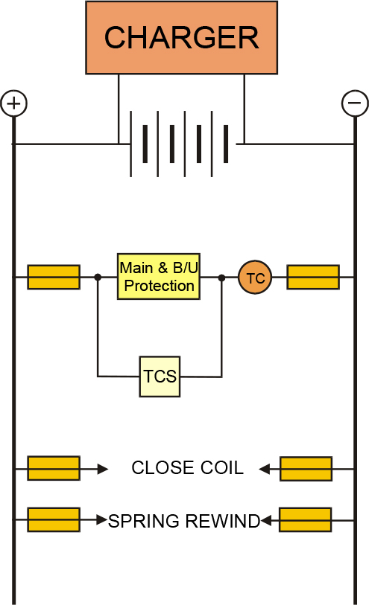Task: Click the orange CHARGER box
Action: tap(182, 37)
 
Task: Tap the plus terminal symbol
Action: tap(14, 103)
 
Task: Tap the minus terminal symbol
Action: tap(355, 103)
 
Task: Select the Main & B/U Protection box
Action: tap(159, 277)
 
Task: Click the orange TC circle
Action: tap(255, 278)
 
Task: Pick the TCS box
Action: tap(160, 377)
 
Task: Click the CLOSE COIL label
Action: tap(187, 467)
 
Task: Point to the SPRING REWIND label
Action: tap(184, 521)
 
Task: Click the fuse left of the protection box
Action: tap(54, 277)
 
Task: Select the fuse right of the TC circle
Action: tap(313, 277)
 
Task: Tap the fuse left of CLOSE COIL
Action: tap(54, 468)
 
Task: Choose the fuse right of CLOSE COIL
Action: tap(306, 469)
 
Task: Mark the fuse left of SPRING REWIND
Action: tap(54, 519)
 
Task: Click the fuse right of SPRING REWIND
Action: tap(305, 520)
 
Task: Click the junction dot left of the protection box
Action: tap(98, 277)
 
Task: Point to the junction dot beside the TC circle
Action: tap(221, 278)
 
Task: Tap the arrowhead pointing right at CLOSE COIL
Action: tap(103, 469)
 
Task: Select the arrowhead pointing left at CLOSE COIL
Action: tap(265, 469)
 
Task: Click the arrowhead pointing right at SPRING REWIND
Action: tap(102, 519)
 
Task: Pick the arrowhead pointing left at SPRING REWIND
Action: tap(266, 520)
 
